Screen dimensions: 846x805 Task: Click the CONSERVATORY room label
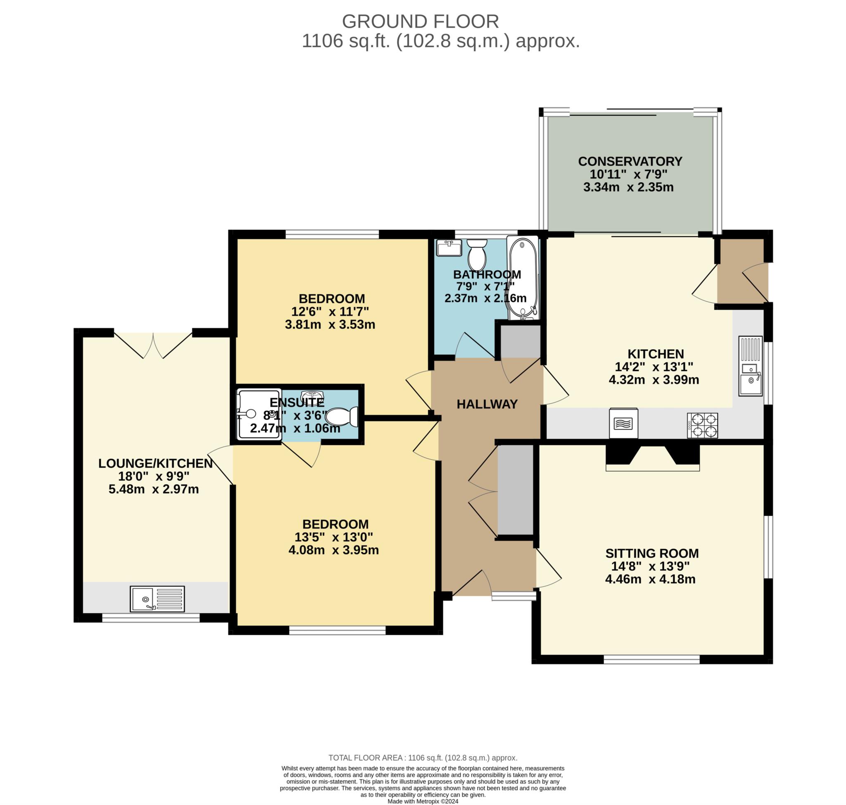(x=630, y=161)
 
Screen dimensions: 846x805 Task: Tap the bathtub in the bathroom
(x=523, y=278)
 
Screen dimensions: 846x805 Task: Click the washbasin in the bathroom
(x=449, y=248)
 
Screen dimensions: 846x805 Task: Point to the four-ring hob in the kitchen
(x=702, y=425)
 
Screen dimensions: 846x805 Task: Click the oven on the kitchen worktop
(x=623, y=423)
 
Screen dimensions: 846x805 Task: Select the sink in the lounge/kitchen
(x=157, y=599)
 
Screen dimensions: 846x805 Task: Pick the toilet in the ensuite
(x=342, y=417)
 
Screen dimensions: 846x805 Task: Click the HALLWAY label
(x=487, y=404)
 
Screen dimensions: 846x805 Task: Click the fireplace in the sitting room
(x=653, y=458)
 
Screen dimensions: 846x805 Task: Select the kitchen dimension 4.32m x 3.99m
(x=654, y=380)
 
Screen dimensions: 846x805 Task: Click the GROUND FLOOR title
(x=420, y=21)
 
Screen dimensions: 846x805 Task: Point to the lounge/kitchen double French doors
(x=153, y=345)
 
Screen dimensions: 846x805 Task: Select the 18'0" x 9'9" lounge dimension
(x=154, y=476)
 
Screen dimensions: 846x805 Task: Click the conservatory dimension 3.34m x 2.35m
(x=628, y=187)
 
